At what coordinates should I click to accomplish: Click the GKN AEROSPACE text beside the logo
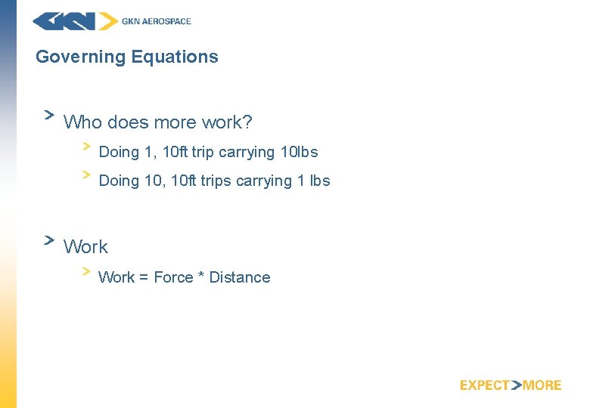[157, 21]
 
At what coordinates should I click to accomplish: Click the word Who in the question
[83, 122]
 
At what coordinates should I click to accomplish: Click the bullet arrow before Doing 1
[86, 144]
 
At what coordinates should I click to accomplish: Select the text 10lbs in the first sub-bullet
[299, 152]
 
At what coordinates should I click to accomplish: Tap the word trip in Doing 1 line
[203, 152]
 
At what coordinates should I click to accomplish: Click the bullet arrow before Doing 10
[86, 173]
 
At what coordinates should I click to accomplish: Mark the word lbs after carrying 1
[315, 181]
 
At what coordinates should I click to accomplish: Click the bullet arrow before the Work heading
[48, 240]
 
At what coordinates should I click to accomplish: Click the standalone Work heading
[85, 247]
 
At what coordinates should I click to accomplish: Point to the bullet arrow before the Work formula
[86, 269]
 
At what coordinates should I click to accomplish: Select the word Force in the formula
[173, 277]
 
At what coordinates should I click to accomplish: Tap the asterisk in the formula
[201, 276]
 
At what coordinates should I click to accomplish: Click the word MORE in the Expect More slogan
[542, 385]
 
